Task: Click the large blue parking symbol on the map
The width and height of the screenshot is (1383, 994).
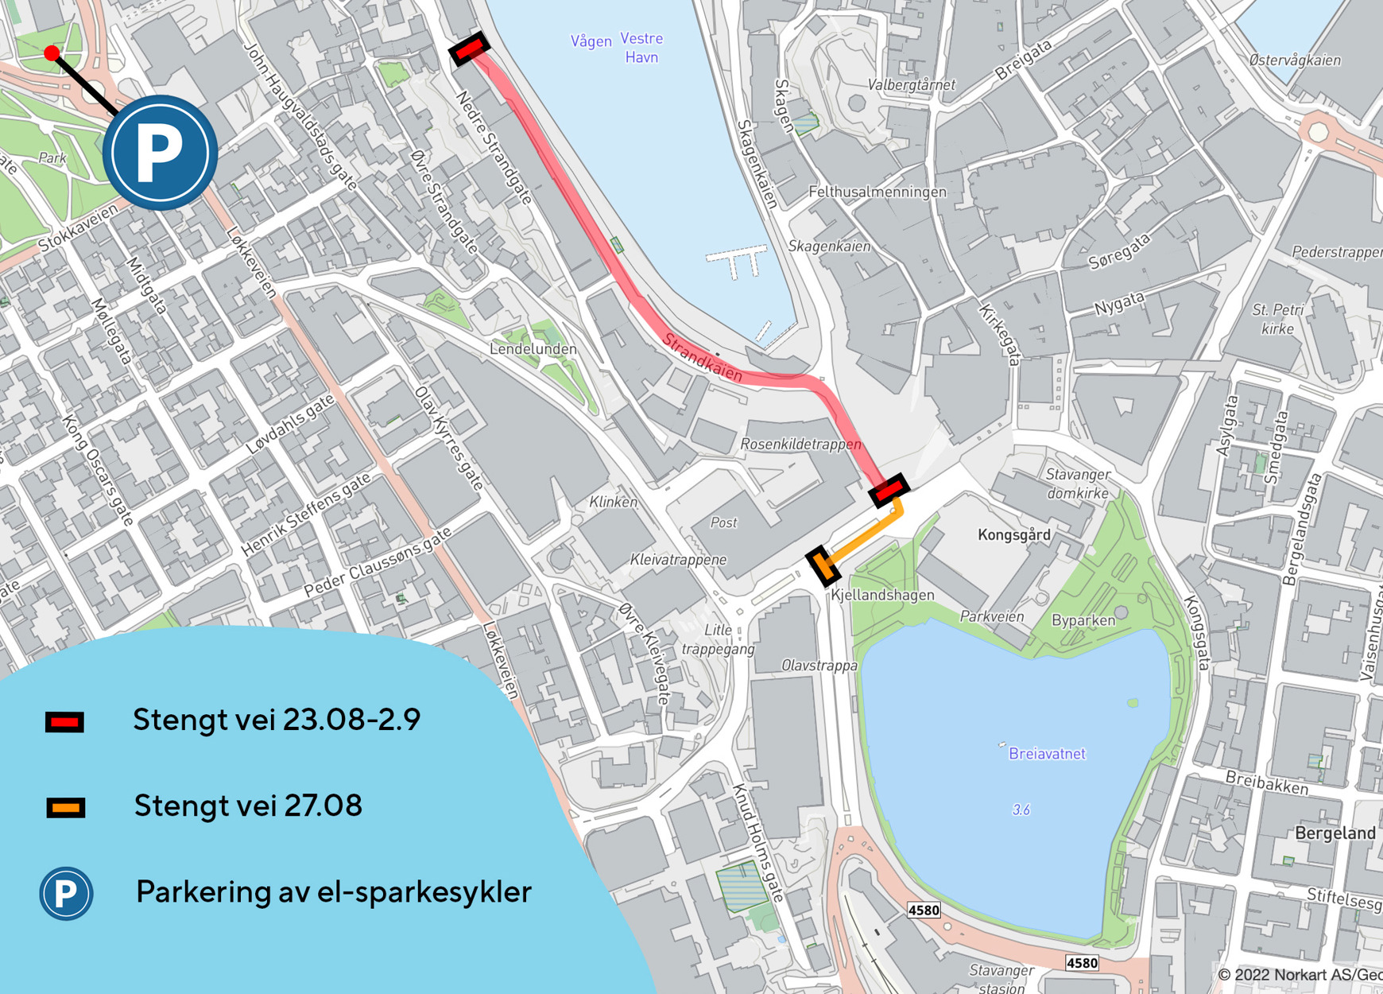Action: pyautogui.click(x=160, y=152)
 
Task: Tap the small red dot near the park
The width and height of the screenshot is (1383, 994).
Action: pyautogui.click(x=52, y=53)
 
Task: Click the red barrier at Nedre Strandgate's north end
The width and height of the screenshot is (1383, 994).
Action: pyautogui.click(x=469, y=49)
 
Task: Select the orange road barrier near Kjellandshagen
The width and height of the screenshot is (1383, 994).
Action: pyautogui.click(x=823, y=566)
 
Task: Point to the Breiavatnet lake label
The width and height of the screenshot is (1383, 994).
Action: pyautogui.click(x=1046, y=753)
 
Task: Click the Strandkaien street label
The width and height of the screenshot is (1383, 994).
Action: pyautogui.click(x=702, y=357)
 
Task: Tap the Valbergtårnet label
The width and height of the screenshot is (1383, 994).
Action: pyautogui.click(x=911, y=84)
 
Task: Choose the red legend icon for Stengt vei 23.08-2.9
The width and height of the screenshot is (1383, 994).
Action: pyautogui.click(x=64, y=722)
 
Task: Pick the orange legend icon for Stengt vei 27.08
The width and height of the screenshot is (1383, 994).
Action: pyautogui.click(x=65, y=808)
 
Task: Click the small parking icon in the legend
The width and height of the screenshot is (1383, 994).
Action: pyautogui.click(x=66, y=893)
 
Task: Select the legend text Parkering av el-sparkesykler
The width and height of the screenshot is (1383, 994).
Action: pyautogui.click(x=333, y=892)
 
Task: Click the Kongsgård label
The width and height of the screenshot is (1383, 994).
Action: pyautogui.click(x=1013, y=534)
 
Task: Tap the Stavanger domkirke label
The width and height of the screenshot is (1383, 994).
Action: pyautogui.click(x=1078, y=483)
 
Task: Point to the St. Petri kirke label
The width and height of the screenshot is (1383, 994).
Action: pyautogui.click(x=1278, y=319)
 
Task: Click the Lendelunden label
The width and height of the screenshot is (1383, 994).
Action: pyautogui.click(x=533, y=348)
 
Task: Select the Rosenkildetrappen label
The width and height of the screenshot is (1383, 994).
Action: pyautogui.click(x=800, y=444)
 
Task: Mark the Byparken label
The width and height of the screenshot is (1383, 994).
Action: pyautogui.click(x=1083, y=620)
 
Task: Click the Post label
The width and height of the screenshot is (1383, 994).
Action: pyautogui.click(x=723, y=522)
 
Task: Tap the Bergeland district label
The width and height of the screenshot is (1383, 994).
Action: pyautogui.click(x=1335, y=833)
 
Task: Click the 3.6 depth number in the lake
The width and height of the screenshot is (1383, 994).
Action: pyautogui.click(x=1021, y=810)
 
